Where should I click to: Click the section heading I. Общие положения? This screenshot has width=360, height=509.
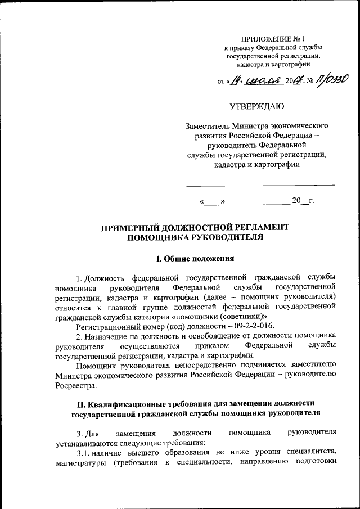195,259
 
